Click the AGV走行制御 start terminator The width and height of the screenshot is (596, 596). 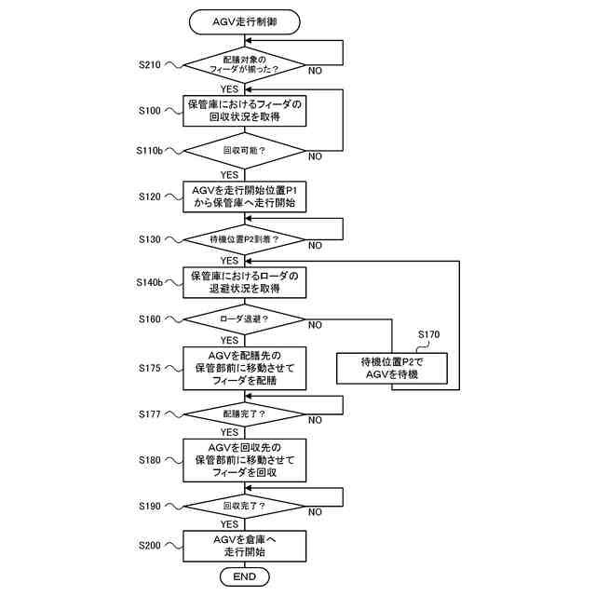pyautogui.click(x=244, y=22)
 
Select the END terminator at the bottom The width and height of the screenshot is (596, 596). pyautogui.click(x=244, y=576)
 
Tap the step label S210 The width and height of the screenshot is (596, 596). pyautogui.click(x=150, y=64)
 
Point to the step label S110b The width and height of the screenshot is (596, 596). pyautogui.click(x=149, y=151)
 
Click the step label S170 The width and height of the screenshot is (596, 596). pyautogui.click(x=428, y=334)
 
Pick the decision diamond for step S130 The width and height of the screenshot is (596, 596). pyautogui.click(x=244, y=239)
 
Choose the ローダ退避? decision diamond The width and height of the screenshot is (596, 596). pyautogui.click(x=244, y=319)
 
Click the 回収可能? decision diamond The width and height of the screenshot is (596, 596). pyautogui.click(x=244, y=151)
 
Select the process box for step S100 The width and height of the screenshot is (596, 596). pyautogui.click(x=244, y=111)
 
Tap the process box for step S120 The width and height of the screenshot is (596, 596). pyautogui.click(x=244, y=196)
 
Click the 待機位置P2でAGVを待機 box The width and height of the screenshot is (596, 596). pyautogui.click(x=392, y=369)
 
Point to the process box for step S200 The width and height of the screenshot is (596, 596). pyautogui.click(x=244, y=546)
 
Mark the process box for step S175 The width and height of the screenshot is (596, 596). pyautogui.click(x=244, y=368)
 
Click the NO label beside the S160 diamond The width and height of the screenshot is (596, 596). pyautogui.click(x=315, y=325)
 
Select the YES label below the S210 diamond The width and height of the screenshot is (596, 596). pyautogui.click(x=230, y=89)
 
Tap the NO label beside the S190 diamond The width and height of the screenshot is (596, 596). pyautogui.click(x=315, y=512)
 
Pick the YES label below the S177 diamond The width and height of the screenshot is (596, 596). pyautogui.click(x=230, y=432)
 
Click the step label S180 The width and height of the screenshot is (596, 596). pyautogui.click(x=150, y=460)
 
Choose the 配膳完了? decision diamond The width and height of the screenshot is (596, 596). pyautogui.click(x=244, y=414)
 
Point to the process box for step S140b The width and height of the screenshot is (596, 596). pyautogui.click(x=244, y=282)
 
